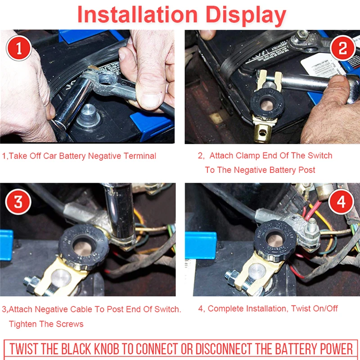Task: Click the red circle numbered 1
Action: pos(19,48)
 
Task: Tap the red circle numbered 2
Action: pos(343,48)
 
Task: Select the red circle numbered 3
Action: pos(18,202)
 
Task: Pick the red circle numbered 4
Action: pos(341,202)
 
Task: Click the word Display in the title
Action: pos(246,15)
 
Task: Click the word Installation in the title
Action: pos(138,14)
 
